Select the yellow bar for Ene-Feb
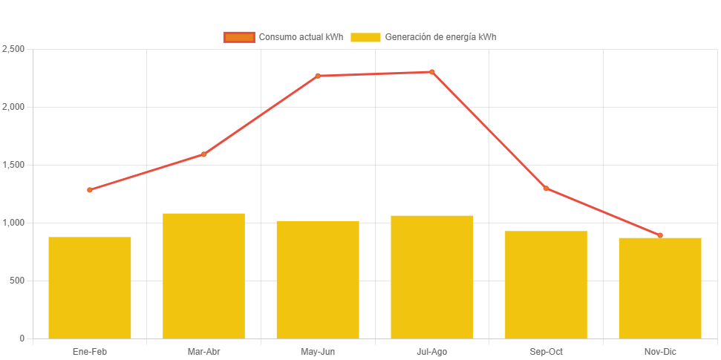click(90, 287)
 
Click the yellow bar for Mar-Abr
click(203, 275)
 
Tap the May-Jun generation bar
click(318, 279)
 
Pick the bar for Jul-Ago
click(432, 277)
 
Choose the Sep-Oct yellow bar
click(546, 284)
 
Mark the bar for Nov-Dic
click(660, 288)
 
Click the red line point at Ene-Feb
click(90, 190)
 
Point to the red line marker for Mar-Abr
click(203, 154)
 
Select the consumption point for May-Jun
click(318, 76)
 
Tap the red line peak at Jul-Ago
click(432, 72)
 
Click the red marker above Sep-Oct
click(546, 189)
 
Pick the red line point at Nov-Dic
click(660, 235)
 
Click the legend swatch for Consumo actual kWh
click(239, 37)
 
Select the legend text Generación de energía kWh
click(440, 37)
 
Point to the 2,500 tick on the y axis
click(14, 49)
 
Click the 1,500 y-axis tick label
click(14, 165)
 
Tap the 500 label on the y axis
click(18, 281)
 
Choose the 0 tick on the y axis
click(22, 338)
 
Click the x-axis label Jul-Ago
click(432, 352)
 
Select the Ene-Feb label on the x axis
click(90, 352)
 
